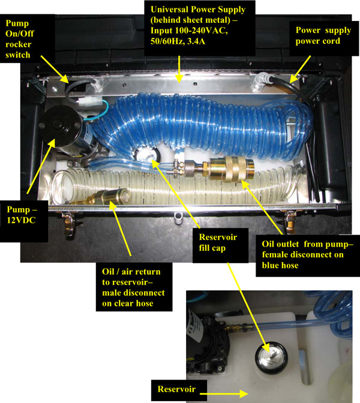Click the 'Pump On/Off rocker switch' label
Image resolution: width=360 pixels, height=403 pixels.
[20, 39]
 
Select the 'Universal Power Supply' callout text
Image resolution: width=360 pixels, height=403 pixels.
[198, 25]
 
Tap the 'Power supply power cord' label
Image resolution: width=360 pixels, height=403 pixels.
[323, 35]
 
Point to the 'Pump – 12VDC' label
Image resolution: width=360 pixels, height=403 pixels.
[22, 215]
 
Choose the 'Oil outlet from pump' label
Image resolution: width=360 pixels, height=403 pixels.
[308, 254]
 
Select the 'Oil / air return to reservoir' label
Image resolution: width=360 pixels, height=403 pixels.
[133, 287]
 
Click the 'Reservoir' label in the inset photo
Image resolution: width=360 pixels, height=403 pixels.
[176, 389]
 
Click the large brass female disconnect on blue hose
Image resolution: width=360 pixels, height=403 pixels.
[232, 169]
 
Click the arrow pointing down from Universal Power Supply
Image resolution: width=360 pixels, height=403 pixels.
[179, 69]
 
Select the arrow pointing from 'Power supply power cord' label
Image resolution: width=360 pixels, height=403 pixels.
[300, 70]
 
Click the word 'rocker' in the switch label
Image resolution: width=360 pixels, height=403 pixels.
[18, 44]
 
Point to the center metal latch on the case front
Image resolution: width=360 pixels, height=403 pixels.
[176, 218]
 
